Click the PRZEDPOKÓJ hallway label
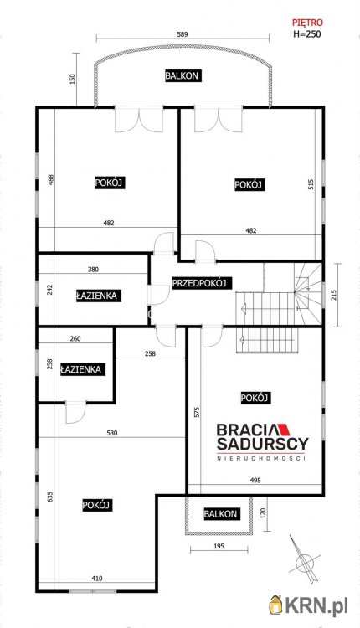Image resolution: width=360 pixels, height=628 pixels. point(202,284)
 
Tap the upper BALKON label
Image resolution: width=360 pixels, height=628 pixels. point(182,76)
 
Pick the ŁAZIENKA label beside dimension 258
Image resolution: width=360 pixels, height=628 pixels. point(81,368)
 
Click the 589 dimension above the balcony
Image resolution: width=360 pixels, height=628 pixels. point(182,34)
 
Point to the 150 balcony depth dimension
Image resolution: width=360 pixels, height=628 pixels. point(73,79)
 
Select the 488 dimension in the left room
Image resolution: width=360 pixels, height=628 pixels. point(49,180)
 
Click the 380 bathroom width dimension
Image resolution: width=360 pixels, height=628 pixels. point(94,270)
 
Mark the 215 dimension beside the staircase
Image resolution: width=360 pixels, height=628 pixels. point(334,295)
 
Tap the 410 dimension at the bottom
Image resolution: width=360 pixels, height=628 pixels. point(98,579)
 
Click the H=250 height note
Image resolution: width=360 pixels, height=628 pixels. point(307,35)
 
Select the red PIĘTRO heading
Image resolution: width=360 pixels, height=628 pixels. point(307,24)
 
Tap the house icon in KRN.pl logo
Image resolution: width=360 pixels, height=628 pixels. point(276,602)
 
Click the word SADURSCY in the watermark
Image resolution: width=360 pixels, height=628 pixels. point(262,443)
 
